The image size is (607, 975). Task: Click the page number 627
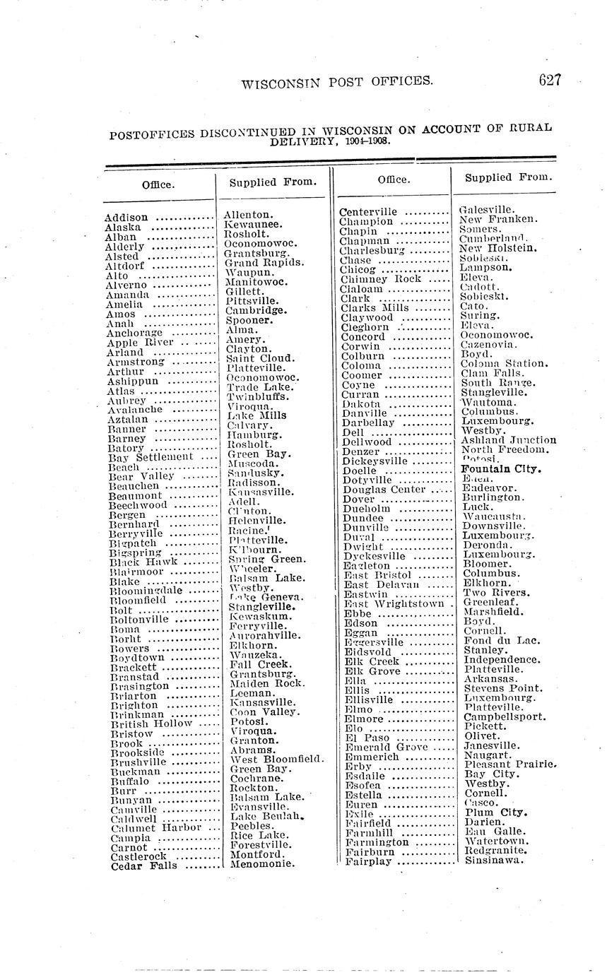point(549,80)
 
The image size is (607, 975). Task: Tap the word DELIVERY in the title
point(307,141)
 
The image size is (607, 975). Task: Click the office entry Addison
point(126,218)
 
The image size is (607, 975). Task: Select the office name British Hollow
point(151,723)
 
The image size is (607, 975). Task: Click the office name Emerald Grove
point(386,747)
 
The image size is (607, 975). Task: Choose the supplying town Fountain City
point(501,468)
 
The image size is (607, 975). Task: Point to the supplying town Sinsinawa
point(495,861)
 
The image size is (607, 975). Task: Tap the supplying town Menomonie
point(261,863)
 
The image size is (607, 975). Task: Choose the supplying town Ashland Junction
point(509,439)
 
